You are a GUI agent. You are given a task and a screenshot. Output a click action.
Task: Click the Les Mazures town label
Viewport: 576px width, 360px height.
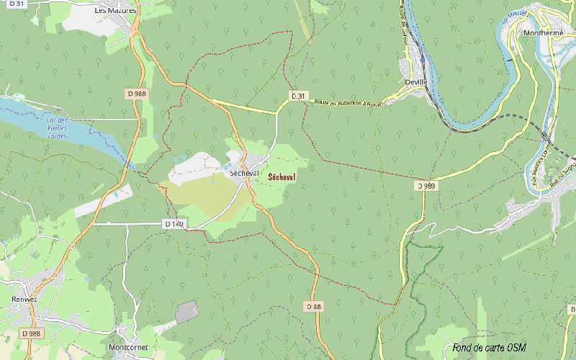point(116,12)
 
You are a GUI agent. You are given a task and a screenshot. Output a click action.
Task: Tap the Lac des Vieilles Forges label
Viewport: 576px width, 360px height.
point(57,127)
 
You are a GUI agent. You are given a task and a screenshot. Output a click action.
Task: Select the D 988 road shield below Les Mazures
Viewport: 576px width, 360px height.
point(135,94)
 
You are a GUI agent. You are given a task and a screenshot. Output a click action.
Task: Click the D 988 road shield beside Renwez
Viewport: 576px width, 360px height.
point(31,333)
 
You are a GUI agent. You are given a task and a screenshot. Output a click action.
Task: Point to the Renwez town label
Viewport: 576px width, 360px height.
point(24,299)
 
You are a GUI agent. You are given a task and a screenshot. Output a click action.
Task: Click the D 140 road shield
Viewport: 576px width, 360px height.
point(174,224)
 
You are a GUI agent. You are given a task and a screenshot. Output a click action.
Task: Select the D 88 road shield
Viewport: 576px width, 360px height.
point(313,306)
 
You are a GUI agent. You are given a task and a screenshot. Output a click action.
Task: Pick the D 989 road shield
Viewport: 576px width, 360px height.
point(425,186)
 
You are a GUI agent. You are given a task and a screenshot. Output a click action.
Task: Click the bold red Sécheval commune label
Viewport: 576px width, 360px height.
point(282,176)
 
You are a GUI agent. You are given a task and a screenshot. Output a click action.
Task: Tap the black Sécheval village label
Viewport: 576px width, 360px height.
point(243,174)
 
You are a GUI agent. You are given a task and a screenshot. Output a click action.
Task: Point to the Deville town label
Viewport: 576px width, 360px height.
point(416,82)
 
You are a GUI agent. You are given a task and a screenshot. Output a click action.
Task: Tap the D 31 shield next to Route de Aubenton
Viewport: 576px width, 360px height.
point(298,96)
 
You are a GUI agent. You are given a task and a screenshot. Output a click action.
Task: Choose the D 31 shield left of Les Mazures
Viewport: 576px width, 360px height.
point(14,4)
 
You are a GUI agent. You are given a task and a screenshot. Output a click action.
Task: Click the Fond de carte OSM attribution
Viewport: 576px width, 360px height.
point(489,348)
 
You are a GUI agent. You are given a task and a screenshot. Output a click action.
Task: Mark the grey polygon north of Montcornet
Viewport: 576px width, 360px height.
point(187,312)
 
